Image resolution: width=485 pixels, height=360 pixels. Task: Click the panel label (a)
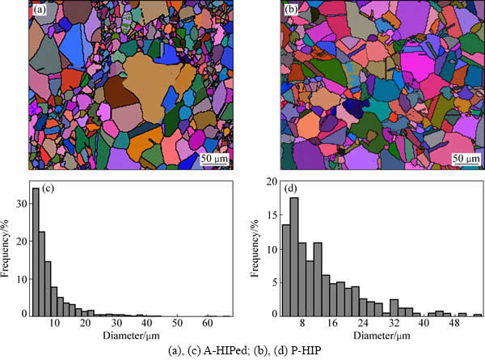tap(39, 11)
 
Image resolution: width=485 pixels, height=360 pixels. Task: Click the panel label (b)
tap(292, 11)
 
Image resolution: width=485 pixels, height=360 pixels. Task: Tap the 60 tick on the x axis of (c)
tap(207, 323)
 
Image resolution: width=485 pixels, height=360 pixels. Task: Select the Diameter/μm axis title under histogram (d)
tap(379, 334)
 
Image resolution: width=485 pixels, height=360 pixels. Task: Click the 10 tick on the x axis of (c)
tap(54, 323)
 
